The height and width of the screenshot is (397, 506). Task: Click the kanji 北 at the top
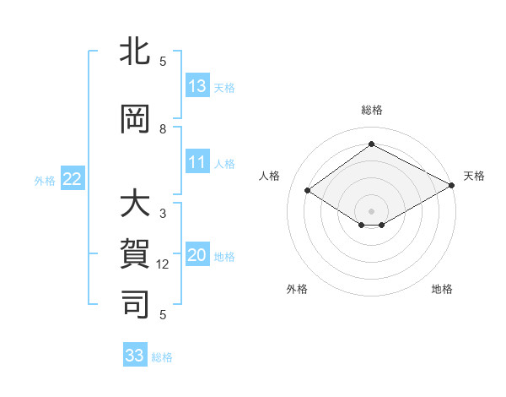[136, 53]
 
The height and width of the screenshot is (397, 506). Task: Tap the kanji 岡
[136, 121]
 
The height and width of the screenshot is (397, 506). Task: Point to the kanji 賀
[136, 254]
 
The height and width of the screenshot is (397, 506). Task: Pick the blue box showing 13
[197, 86]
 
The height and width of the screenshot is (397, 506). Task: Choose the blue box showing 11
[197, 163]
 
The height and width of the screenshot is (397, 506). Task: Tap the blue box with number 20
[197, 256]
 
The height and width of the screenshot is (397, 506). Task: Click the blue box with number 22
[73, 179]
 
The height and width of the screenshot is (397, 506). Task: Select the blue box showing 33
[135, 356]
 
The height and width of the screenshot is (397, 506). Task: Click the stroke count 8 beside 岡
[163, 129]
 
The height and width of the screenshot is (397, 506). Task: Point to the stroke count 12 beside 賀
[163, 264]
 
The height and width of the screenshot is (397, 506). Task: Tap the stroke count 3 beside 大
[163, 214]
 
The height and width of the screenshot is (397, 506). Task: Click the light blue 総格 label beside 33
[162, 356]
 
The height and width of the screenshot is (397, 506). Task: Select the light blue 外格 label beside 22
[45, 180]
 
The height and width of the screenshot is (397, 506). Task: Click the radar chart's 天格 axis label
[474, 176]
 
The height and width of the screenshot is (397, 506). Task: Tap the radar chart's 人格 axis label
[269, 176]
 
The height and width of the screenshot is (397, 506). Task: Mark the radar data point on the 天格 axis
[451, 186]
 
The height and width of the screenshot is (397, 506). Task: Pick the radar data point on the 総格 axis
[371, 144]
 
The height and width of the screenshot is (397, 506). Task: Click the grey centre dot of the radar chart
[371, 209]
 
